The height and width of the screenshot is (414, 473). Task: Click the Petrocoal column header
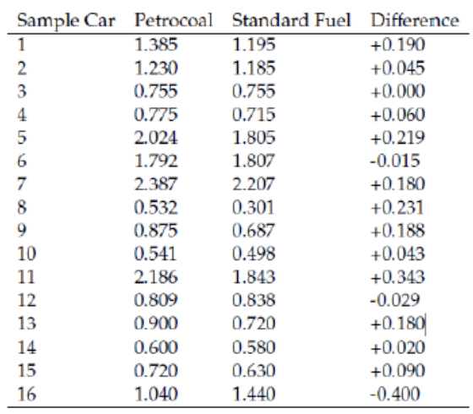click(x=173, y=20)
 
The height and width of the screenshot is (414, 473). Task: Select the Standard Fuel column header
click(x=291, y=20)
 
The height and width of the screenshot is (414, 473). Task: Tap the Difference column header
click(x=415, y=20)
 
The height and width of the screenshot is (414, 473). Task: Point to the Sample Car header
click(x=66, y=21)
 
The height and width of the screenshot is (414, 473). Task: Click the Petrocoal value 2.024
click(x=155, y=138)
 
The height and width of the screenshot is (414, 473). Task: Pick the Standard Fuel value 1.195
click(x=253, y=44)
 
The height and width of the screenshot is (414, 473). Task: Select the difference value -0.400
click(x=395, y=394)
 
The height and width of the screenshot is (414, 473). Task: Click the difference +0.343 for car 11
click(x=398, y=277)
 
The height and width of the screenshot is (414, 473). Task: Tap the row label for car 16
click(x=26, y=394)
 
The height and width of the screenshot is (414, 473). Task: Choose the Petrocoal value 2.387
click(x=155, y=184)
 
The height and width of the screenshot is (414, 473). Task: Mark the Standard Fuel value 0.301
click(x=253, y=208)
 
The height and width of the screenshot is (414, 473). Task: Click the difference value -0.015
click(x=395, y=161)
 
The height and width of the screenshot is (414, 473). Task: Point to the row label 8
click(x=22, y=208)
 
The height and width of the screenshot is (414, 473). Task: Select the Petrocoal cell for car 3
click(x=155, y=91)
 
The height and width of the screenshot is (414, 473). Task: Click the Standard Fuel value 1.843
click(x=253, y=277)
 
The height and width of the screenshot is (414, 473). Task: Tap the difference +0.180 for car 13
click(x=398, y=324)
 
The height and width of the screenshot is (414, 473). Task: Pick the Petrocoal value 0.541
click(x=155, y=254)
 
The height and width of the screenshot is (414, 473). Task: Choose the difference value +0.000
click(x=398, y=91)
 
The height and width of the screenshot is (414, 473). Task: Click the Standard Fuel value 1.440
click(x=253, y=394)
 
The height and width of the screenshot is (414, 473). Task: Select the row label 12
click(x=26, y=301)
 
